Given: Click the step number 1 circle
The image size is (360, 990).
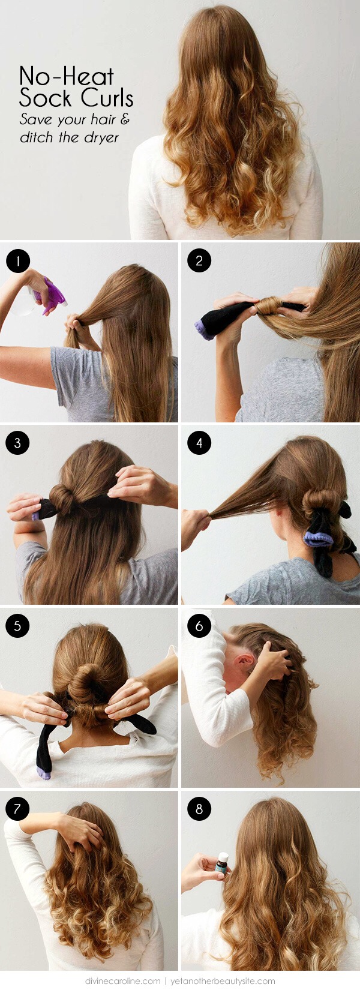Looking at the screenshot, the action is click(x=17, y=261).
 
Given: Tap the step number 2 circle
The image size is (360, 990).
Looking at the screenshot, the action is click(x=199, y=261).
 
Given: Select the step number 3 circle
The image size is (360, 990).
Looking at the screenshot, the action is click(x=17, y=443).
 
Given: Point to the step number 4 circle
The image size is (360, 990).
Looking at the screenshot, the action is click(x=199, y=443).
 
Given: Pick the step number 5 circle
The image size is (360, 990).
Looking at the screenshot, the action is click(x=17, y=626).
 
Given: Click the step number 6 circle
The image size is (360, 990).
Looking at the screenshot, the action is click(x=199, y=626).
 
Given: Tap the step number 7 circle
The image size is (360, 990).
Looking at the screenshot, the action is click(x=17, y=809).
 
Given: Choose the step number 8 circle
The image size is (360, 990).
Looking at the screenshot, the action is click(x=199, y=809).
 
